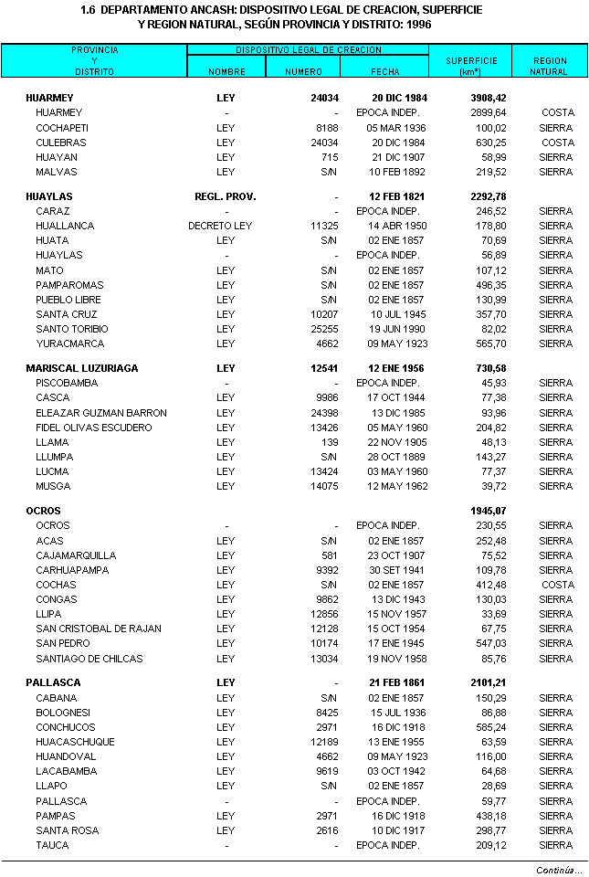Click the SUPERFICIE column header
pyautogui.click(x=471, y=61)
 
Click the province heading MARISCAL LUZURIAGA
pyautogui.click(x=82, y=368)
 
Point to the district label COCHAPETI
pyautogui.click(x=62, y=128)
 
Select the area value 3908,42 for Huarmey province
pyautogui.click(x=488, y=98)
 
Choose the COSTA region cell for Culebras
pyautogui.click(x=557, y=143)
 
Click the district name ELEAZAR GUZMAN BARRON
pyautogui.click(x=101, y=413)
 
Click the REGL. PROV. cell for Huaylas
pyautogui.click(x=226, y=196)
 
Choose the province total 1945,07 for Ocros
pyautogui.click(x=488, y=511)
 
